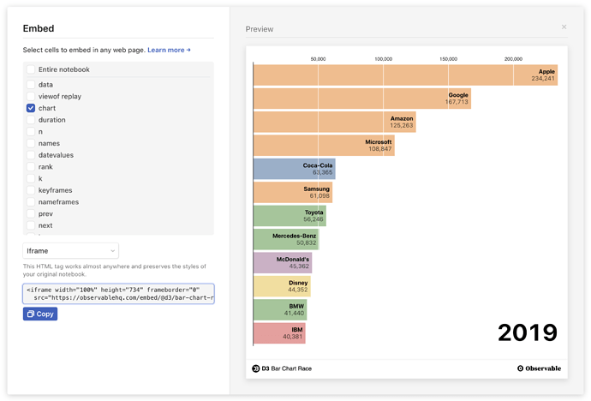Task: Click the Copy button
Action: point(40,314)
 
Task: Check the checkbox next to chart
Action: point(31,108)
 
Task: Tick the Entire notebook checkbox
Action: point(31,69)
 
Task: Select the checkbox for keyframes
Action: point(31,190)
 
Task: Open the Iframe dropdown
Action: point(70,250)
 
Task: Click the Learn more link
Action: point(169,51)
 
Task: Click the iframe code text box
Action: point(118,294)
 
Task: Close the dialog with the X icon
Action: point(564,27)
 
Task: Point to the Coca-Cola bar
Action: point(294,169)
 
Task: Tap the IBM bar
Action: point(279,333)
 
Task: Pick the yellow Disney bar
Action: point(282,286)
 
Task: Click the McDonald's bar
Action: point(283,262)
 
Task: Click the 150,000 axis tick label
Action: point(448,59)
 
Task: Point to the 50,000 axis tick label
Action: point(318,59)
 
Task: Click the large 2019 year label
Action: point(528,332)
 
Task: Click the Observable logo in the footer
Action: point(539,368)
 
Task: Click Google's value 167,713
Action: point(457,102)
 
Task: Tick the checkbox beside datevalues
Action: point(31,155)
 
